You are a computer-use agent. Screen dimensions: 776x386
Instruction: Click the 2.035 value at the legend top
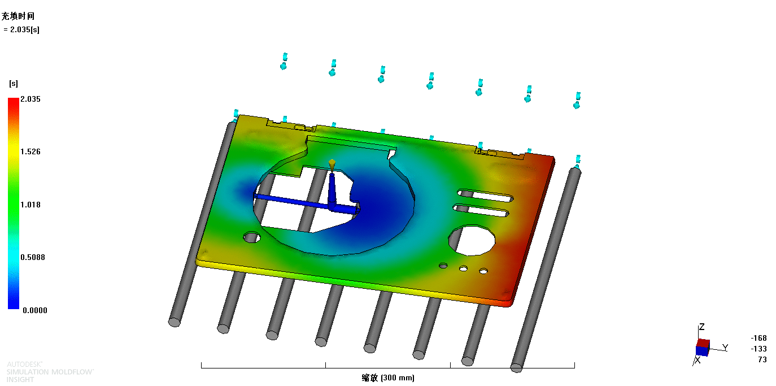tap(30, 99)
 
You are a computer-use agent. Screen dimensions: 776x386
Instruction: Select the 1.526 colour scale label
tap(30, 151)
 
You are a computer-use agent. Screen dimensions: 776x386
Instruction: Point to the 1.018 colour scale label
tap(30, 205)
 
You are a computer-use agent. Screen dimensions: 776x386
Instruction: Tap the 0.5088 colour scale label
tap(33, 257)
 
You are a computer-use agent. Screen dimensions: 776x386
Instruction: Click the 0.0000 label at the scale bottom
tap(35, 310)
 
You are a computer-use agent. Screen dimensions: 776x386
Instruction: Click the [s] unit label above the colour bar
tap(14, 84)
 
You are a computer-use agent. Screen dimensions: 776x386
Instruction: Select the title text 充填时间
tap(18, 16)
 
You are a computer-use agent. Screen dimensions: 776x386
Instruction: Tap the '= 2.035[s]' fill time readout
tap(21, 30)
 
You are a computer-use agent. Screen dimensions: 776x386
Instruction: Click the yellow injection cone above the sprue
tap(332, 164)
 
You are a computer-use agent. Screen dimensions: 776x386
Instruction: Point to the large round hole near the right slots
tap(472, 240)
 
